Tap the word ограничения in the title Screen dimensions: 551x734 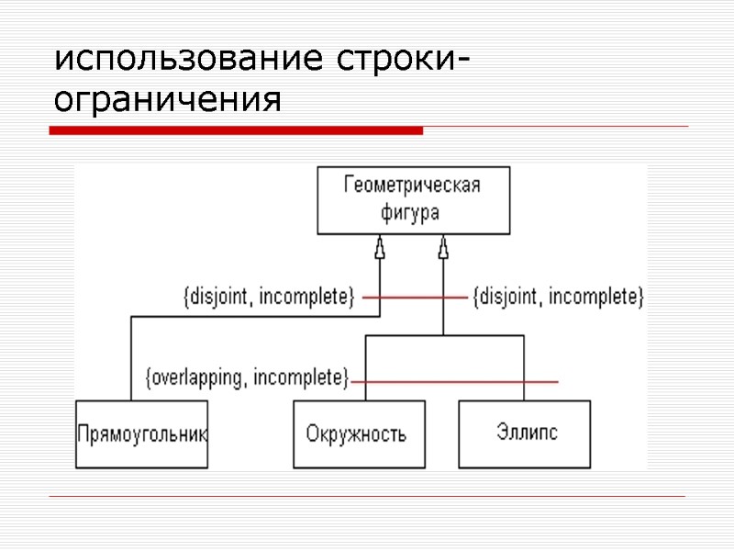(x=166, y=99)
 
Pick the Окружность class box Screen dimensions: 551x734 (x=359, y=434)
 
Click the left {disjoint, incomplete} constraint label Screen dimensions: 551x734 (x=269, y=297)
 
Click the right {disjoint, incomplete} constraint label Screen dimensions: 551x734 (x=558, y=297)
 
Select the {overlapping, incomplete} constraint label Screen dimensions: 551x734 (x=248, y=377)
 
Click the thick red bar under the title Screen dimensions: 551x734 (x=236, y=131)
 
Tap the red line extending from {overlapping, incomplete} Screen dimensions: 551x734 (x=459, y=381)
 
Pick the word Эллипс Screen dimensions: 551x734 (x=527, y=431)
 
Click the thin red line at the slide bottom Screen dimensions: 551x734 (x=367, y=497)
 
